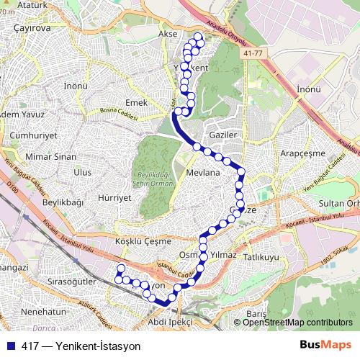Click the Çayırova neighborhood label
(30, 28)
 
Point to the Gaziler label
(222, 135)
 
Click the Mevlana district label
(202, 174)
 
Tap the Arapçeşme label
(303, 154)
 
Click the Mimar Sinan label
(50, 156)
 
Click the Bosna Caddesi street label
(119, 111)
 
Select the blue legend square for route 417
(10, 346)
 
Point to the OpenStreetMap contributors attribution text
(297, 323)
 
